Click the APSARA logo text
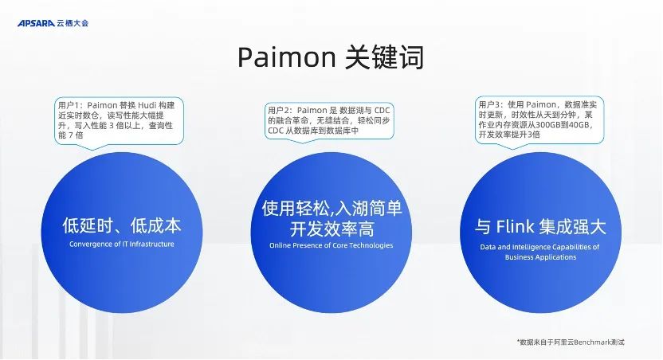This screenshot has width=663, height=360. tap(35, 23)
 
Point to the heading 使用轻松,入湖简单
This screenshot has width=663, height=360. tap(331, 209)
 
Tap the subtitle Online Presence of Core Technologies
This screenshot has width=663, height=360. tap(331, 245)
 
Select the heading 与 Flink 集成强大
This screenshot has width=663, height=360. tap(540, 226)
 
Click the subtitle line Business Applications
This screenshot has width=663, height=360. tap(540, 257)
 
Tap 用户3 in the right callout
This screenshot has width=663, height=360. tap(491, 104)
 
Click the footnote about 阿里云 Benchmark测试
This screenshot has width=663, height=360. tap(571, 342)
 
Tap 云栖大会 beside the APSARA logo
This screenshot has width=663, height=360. tap(73, 23)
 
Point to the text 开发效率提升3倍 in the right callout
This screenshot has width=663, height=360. tap(509, 135)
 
